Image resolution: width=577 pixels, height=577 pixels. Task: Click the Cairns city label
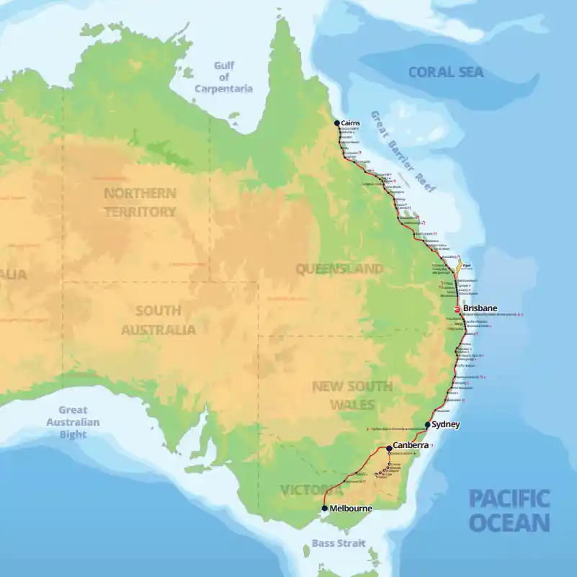pyautogui.click(x=351, y=123)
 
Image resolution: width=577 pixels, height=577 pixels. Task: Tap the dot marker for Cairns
pyautogui.click(x=336, y=123)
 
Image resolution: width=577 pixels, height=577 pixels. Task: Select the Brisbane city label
pyautogui.click(x=480, y=308)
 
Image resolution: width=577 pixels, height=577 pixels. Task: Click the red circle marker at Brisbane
pyautogui.click(x=457, y=310)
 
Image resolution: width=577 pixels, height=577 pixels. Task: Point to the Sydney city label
pyautogui.click(x=444, y=425)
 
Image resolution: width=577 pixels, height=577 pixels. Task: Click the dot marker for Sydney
pyautogui.click(x=427, y=425)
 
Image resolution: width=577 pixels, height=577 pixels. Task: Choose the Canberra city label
pyautogui.click(x=411, y=446)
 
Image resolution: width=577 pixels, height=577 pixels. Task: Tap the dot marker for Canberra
pyautogui.click(x=389, y=448)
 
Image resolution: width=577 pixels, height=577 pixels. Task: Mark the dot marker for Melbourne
pyautogui.click(x=325, y=509)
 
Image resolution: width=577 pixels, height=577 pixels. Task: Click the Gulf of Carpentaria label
pyautogui.click(x=223, y=77)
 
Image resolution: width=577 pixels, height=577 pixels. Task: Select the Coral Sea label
pyautogui.click(x=446, y=72)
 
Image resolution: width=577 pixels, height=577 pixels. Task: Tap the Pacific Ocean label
pyautogui.click(x=509, y=510)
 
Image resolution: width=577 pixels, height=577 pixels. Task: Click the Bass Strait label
pyautogui.click(x=339, y=543)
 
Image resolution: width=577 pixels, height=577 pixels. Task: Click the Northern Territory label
pyautogui.click(x=140, y=202)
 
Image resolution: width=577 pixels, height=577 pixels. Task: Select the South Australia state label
pyautogui.click(x=166, y=321)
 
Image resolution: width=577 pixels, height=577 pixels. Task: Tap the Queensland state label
pyautogui.click(x=339, y=269)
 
